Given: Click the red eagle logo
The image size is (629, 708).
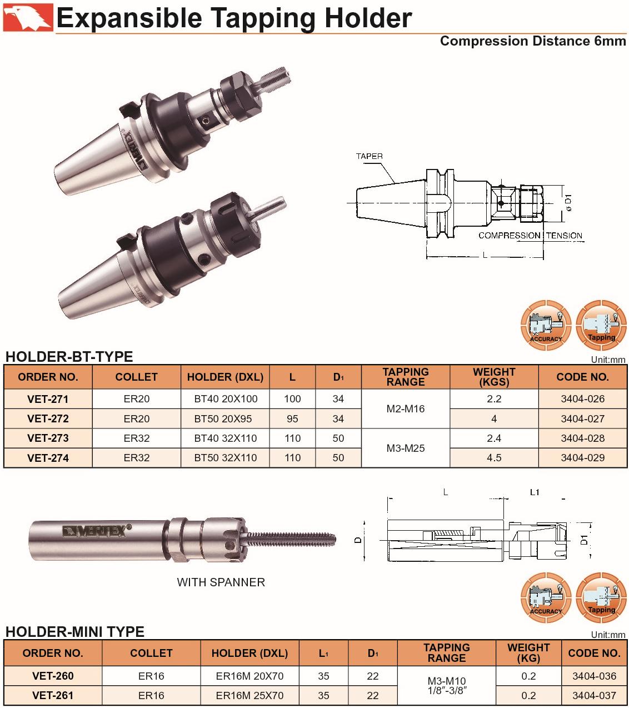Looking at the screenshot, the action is click(x=28, y=17).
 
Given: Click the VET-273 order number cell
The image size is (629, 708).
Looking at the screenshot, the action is click(x=48, y=438).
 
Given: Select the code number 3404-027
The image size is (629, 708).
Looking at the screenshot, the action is click(x=582, y=418).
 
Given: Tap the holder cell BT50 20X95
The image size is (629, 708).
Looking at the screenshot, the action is click(x=223, y=418).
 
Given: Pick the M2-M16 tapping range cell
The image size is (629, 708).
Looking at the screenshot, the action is click(x=406, y=408).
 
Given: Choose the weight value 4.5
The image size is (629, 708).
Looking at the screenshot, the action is click(x=494, y=458).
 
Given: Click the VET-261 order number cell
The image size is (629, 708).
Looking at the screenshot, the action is click(x=53, y=695).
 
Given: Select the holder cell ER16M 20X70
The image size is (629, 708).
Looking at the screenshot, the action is click(x=249, y=676).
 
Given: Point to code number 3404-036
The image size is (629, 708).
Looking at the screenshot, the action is click(x=594, y=676).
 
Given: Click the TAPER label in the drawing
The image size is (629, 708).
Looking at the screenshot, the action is click(x=370, y=156).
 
